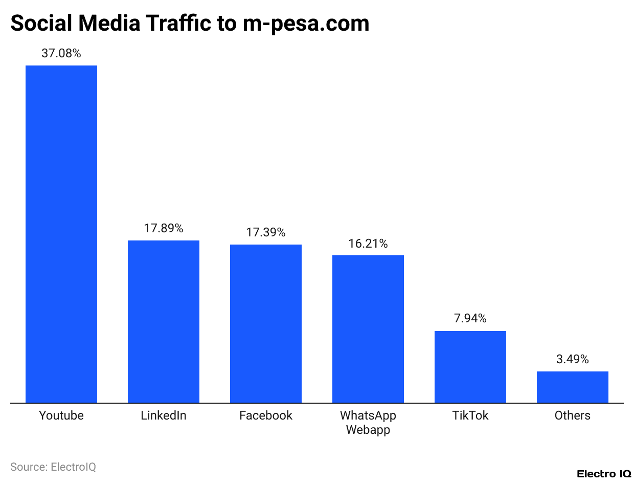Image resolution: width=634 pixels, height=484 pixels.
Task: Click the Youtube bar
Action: [x=61, y=234]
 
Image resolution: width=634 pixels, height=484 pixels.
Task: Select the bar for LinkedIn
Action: [x=164, y=321]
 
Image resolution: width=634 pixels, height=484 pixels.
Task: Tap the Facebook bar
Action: [x=266, y=323]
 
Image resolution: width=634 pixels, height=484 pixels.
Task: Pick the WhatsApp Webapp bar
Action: [x=368, y=329]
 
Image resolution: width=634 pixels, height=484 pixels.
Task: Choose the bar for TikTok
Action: [x=470, y=367]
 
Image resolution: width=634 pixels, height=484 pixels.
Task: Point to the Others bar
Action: [x=573, y=387]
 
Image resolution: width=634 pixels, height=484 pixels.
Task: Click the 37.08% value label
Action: [x=61, y=53]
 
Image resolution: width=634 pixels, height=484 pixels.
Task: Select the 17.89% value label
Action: [x=164, y=228]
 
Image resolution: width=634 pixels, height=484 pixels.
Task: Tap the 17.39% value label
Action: [x=266, y=232]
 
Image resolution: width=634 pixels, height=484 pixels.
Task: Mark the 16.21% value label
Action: [x=368, y=244]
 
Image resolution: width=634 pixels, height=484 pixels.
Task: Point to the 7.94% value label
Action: [x=470, y=319]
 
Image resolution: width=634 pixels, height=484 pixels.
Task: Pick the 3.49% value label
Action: [x=573, y=359]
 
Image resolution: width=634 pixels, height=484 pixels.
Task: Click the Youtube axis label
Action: [x=61, y=415]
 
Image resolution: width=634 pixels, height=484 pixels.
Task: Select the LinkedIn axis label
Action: [x=164, y=415]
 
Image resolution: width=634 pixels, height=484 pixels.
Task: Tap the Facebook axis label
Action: [x=266, y=415]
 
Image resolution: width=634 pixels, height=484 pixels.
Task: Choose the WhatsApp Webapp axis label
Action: [x=368, y=423]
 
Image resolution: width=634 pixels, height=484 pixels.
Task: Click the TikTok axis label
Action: [x=470, y=415]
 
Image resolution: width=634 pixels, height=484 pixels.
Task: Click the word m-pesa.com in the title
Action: [x=306, y=24]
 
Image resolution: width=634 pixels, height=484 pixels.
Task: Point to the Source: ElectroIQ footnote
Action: [x=53, y=467]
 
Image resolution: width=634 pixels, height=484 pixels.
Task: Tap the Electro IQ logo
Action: [x=604, y=474]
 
